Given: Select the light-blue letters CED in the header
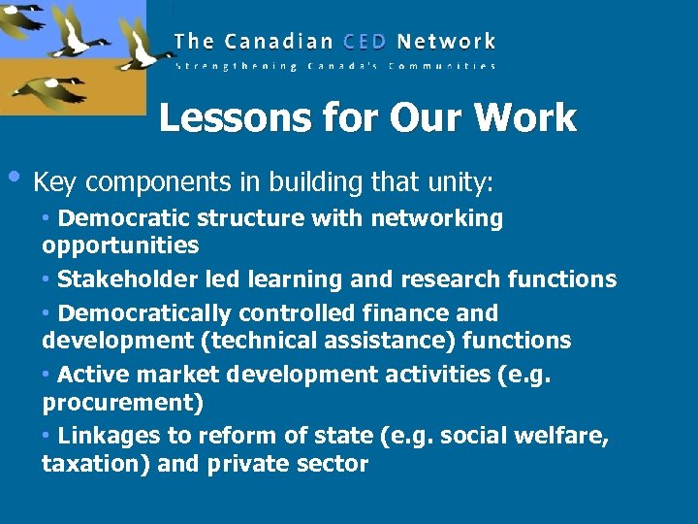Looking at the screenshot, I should pyautogui.click(x=363, y=42).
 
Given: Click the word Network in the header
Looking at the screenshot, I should pyautogui.click(x=446, y=42).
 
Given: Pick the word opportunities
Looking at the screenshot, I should pyautogui.click(x=120, y=245).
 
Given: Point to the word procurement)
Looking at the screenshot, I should pyautogui.click(x=120, y=401).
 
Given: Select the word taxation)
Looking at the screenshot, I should pyautogui.click(x=95, y=464).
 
